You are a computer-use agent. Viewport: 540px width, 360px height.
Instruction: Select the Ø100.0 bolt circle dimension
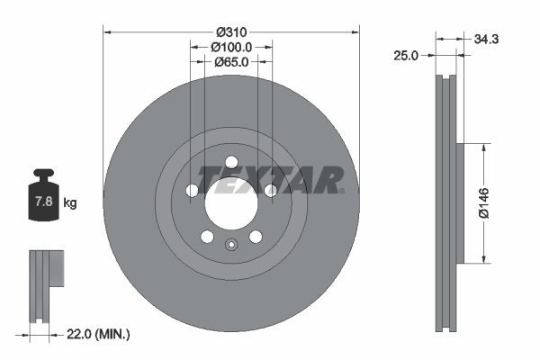pos(231,47)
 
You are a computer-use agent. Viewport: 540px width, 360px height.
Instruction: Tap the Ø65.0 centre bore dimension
pos(231,62)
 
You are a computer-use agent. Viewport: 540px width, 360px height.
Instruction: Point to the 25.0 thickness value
pos(408,56)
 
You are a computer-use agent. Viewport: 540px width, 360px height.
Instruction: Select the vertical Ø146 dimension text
pos(483,203)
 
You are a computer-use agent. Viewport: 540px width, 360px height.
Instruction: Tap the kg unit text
pos(70,203)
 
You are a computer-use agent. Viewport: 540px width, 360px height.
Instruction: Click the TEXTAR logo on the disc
pos(271,179)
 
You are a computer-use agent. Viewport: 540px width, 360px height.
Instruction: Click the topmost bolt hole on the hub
pos(230,162)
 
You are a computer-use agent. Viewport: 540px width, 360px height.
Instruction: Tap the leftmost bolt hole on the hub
pos(191,191)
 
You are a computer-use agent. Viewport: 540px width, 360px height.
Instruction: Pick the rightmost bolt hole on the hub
pos(270,190)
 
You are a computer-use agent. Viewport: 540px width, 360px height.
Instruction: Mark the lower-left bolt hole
pos(206,237)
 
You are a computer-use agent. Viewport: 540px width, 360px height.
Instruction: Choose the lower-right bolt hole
pos(256,237)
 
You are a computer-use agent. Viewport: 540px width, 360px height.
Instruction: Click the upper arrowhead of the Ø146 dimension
pos(486,148)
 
